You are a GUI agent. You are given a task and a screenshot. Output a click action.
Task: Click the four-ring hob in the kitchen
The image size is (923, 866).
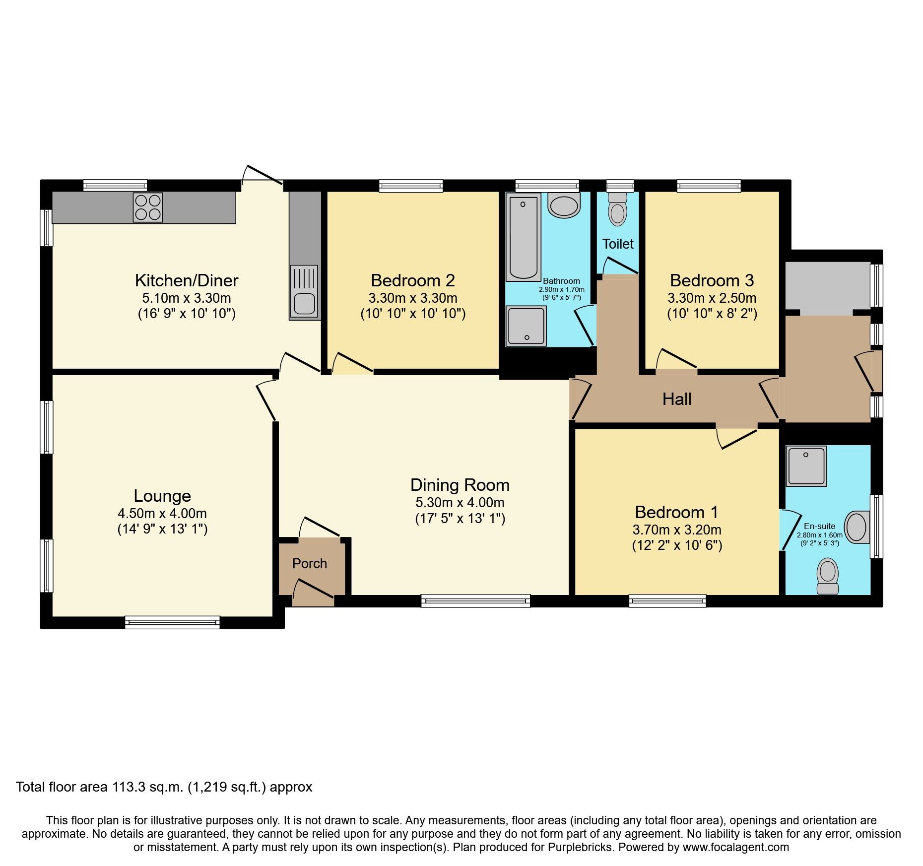(148, 207)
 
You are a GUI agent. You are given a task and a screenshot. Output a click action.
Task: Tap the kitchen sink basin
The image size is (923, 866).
(304, 304)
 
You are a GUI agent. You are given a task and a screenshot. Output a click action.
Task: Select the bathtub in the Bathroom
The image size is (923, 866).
(523, 238)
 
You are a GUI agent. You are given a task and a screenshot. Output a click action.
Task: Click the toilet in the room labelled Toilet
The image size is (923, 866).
(618, 210)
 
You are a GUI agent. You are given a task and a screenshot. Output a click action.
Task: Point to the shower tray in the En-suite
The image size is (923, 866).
(806, 466)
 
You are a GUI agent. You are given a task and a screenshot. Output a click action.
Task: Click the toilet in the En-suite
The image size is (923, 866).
(828, 576)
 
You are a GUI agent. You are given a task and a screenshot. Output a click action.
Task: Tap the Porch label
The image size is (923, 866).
(310, 564)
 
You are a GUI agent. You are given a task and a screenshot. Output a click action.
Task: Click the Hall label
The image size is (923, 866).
(677, 399)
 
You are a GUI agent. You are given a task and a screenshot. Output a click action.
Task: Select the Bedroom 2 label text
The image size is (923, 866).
(413, 280)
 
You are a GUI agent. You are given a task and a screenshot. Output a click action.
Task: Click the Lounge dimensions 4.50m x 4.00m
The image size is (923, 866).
(162, 514)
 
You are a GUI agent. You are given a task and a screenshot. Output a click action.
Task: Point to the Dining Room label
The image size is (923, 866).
(460, 485)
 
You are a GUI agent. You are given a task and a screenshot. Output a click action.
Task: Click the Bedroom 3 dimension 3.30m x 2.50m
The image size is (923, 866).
(712, 298)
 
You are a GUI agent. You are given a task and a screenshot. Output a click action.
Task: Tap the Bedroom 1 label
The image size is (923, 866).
(677, 512)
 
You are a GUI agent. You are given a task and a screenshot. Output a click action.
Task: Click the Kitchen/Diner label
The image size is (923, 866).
(187, 280)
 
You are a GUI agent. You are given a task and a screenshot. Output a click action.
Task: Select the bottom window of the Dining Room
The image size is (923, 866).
(475, 601)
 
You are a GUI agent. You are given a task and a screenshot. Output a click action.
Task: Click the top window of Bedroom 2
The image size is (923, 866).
(411, 186)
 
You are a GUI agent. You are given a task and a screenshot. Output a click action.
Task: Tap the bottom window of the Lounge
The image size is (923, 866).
(172, 622)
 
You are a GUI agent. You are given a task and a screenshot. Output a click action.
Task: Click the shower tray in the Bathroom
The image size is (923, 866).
(526, 326)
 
